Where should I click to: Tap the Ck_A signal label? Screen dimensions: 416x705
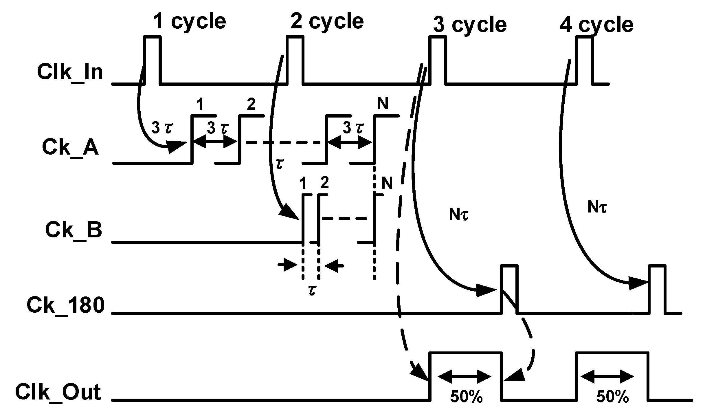click(70, 148)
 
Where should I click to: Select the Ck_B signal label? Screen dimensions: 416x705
click(74, 230)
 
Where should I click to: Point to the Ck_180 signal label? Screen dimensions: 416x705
click(65, 306)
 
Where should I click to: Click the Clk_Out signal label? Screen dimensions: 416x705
click(58, 393)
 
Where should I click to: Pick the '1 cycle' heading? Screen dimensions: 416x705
click(189, 21)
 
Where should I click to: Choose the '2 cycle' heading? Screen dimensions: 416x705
click(327, 21)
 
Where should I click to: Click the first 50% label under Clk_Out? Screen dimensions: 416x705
click(467, 397)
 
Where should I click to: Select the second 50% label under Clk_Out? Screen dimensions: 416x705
click(613, 397)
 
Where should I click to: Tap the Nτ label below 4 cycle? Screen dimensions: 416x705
click(597, 208)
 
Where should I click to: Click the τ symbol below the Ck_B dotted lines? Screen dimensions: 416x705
click(312, 290)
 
